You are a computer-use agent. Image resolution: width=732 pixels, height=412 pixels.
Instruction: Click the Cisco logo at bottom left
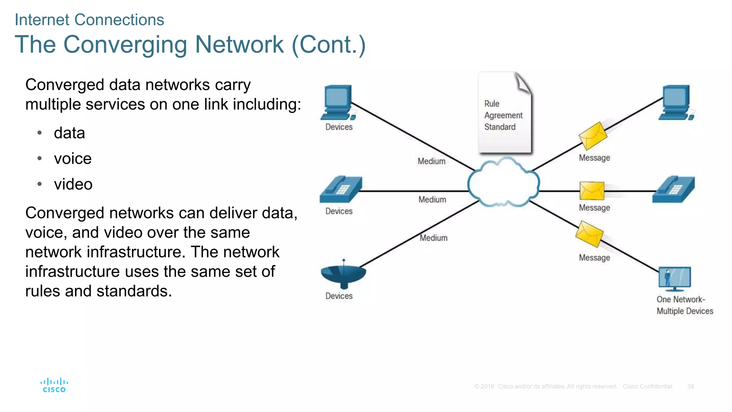point(54,385)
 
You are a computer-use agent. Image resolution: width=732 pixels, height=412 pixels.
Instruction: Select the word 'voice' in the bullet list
point(73,158)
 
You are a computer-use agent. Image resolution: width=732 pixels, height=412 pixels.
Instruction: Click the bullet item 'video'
point(73,184)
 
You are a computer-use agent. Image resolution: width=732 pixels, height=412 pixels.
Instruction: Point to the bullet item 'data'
point(69,133)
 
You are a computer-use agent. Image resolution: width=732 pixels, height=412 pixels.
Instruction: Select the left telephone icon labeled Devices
point(341,190)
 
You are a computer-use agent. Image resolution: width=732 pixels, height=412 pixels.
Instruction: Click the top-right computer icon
point(676,103)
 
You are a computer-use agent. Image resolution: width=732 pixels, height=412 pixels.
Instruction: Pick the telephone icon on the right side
point(673,190)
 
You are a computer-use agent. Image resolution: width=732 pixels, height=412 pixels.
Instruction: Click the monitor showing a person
point(674,278)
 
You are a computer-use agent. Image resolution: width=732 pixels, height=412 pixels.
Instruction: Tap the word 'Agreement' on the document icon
point(503,116)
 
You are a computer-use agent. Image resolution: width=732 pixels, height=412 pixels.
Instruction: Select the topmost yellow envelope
point(593,136)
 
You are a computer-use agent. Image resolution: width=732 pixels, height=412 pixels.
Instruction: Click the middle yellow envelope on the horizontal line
point(592,191)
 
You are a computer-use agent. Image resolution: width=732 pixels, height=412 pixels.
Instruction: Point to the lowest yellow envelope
point(589,234)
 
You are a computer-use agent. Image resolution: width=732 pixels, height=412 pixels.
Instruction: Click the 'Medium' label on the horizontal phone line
point(432,200)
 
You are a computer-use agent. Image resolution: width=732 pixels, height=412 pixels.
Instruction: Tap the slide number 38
point(690,387)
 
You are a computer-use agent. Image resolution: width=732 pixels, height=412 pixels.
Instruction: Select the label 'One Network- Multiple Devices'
point(684,305)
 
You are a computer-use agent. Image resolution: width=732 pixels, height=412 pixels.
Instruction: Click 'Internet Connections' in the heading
point(89,20)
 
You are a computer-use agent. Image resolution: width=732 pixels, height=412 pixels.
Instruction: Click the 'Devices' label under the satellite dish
point(339,296)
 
